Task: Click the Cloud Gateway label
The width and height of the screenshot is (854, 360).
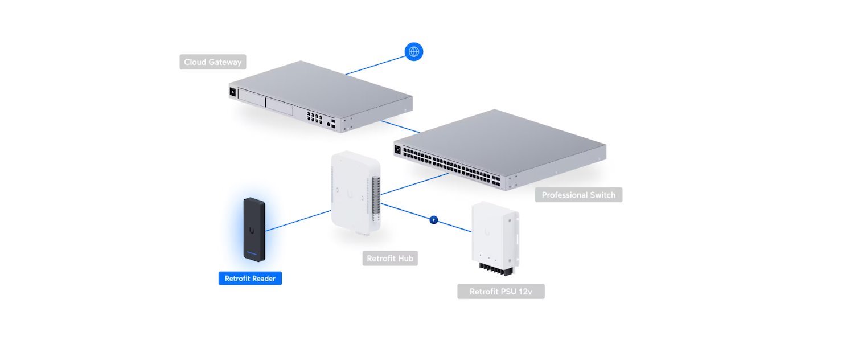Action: coord(212,62)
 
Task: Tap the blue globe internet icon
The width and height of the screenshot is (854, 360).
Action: coord(414,52)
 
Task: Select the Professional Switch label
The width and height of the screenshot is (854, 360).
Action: coord(578,195)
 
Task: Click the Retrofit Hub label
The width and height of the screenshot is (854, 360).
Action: coord(390,259)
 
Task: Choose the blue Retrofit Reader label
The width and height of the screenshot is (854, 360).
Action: coord(250,279)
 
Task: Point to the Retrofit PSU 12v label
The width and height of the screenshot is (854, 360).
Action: coord(500,292)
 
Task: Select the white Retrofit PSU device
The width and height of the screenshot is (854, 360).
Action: coord(493,234)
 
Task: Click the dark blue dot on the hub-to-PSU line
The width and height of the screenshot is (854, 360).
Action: coord(433,219)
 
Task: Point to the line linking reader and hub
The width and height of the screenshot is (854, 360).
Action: coord(298,221)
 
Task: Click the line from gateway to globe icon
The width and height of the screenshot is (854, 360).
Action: coord(375,64)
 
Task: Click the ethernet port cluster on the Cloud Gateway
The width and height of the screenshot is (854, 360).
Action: coord(314,117)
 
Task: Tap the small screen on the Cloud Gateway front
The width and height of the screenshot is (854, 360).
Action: coord(233,92)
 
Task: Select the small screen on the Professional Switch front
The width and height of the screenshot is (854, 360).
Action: coord(397,150)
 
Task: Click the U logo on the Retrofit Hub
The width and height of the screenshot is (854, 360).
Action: coord(351,194)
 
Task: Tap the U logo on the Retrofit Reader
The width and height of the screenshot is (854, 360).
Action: coord(251,231)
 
